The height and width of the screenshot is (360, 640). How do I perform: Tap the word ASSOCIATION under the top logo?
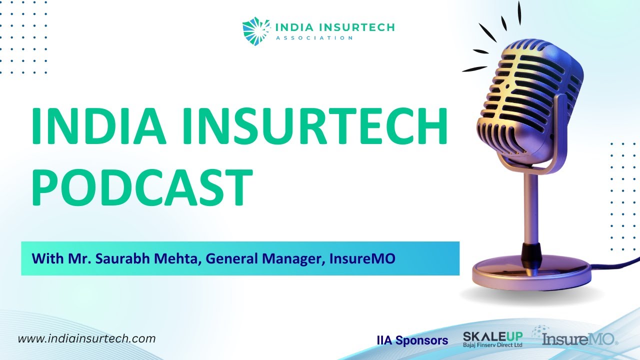[x=314, y=37]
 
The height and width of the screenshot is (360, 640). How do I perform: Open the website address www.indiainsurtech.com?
[x=86, y=338]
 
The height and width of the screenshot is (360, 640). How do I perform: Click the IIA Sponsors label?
[x=412, y=341]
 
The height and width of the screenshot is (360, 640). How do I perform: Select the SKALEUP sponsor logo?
[x=493, y=336]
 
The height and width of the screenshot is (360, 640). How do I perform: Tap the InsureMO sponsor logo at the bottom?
[x=580, y=340]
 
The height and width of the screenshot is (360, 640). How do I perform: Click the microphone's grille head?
[x=530, y=95]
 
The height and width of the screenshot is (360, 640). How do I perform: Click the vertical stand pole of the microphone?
[x=529, y=205]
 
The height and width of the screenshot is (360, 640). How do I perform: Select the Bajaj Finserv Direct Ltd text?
[x=493, y=345]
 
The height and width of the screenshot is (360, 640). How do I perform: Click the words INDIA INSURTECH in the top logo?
[x=334, y=27]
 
